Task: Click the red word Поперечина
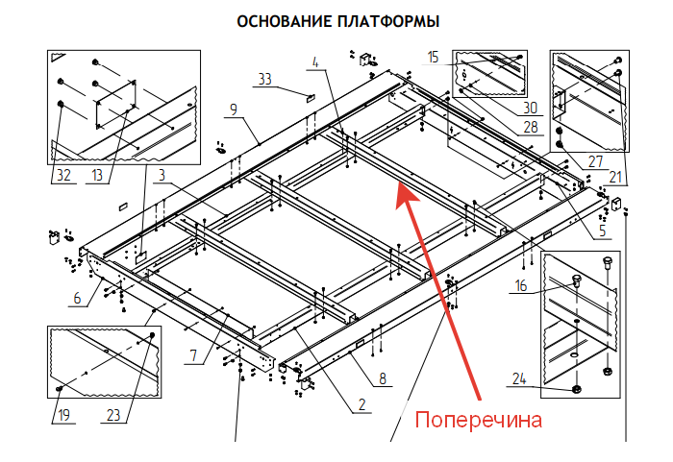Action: tap(478, 421)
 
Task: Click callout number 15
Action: tap(434, 59)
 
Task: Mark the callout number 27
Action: tap(597, 161)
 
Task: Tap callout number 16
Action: tap(521, 285)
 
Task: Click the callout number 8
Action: tap(384, 379)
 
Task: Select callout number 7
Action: tap(194, 355)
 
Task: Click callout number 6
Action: tap(77, 298)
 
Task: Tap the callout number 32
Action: tap(62, 176)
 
